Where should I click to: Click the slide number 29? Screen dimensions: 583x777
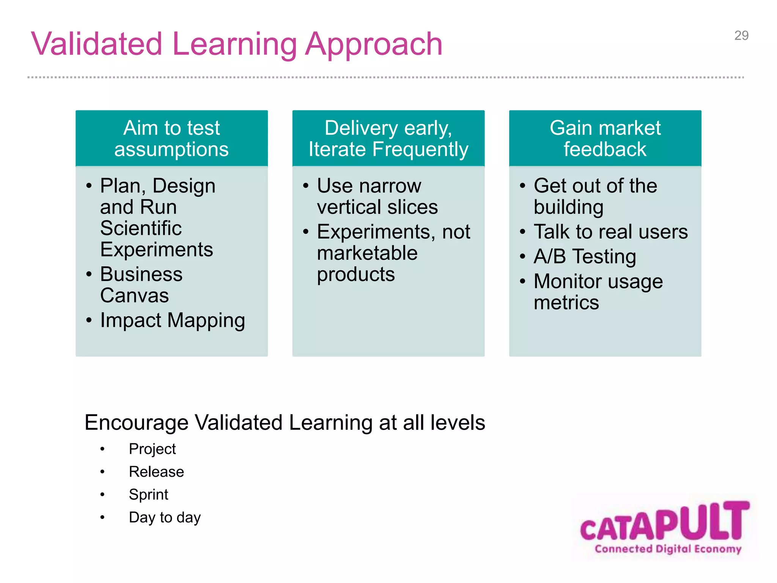pyautogui.click(x=741, y=36)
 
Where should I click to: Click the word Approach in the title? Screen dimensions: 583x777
pyautogui.click(x=374, y=45)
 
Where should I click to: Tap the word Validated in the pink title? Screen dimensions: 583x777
pyautogui.click(x=97, y=44)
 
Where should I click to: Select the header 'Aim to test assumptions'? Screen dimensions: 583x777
pyautogui.click(x=171, y=139)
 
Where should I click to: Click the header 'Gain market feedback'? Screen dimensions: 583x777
pyautogui.click(x=605, y=139)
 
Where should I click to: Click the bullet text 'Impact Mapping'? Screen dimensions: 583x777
pyautogui.click(x=173, y=320)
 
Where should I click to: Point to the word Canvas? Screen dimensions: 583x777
pyautogui.click(x=134, y=296)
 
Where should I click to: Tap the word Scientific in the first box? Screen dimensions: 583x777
pyautogui.click(x=141, y=228)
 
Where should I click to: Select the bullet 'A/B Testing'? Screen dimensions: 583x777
pyautogui.click(x=585, y=257)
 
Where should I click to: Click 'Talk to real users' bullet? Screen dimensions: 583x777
pyautogui.click(x=610, y=232)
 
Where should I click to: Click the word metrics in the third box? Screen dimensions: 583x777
pyautogui.click(x=566, y=303)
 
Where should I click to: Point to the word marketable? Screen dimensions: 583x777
pyautogui.click(x=367, y=253)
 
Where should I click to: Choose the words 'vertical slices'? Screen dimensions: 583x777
pyautogui.click(x=377, y=207)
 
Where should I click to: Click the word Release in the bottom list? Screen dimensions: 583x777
pyautogui.click(x=156, y=472)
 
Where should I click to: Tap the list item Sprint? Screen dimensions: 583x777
pyautogui.click(x=148, y=495)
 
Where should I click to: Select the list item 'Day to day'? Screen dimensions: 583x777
pyautogui.click(x=165, y=517)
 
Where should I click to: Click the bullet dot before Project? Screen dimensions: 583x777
pyautogui.click(x=102, y=449)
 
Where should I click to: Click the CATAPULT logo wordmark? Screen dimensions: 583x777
pyautogui.click(x=665, y=522)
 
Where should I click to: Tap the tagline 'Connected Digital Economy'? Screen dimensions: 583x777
pyautogui.click(x=668, y=549)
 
